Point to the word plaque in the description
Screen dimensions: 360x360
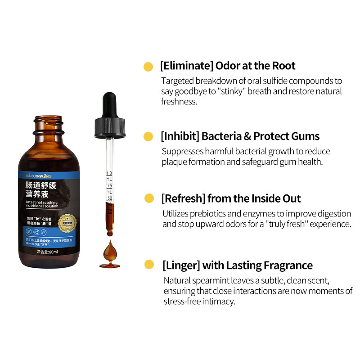pyautogui.click(x=174, y=162)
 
